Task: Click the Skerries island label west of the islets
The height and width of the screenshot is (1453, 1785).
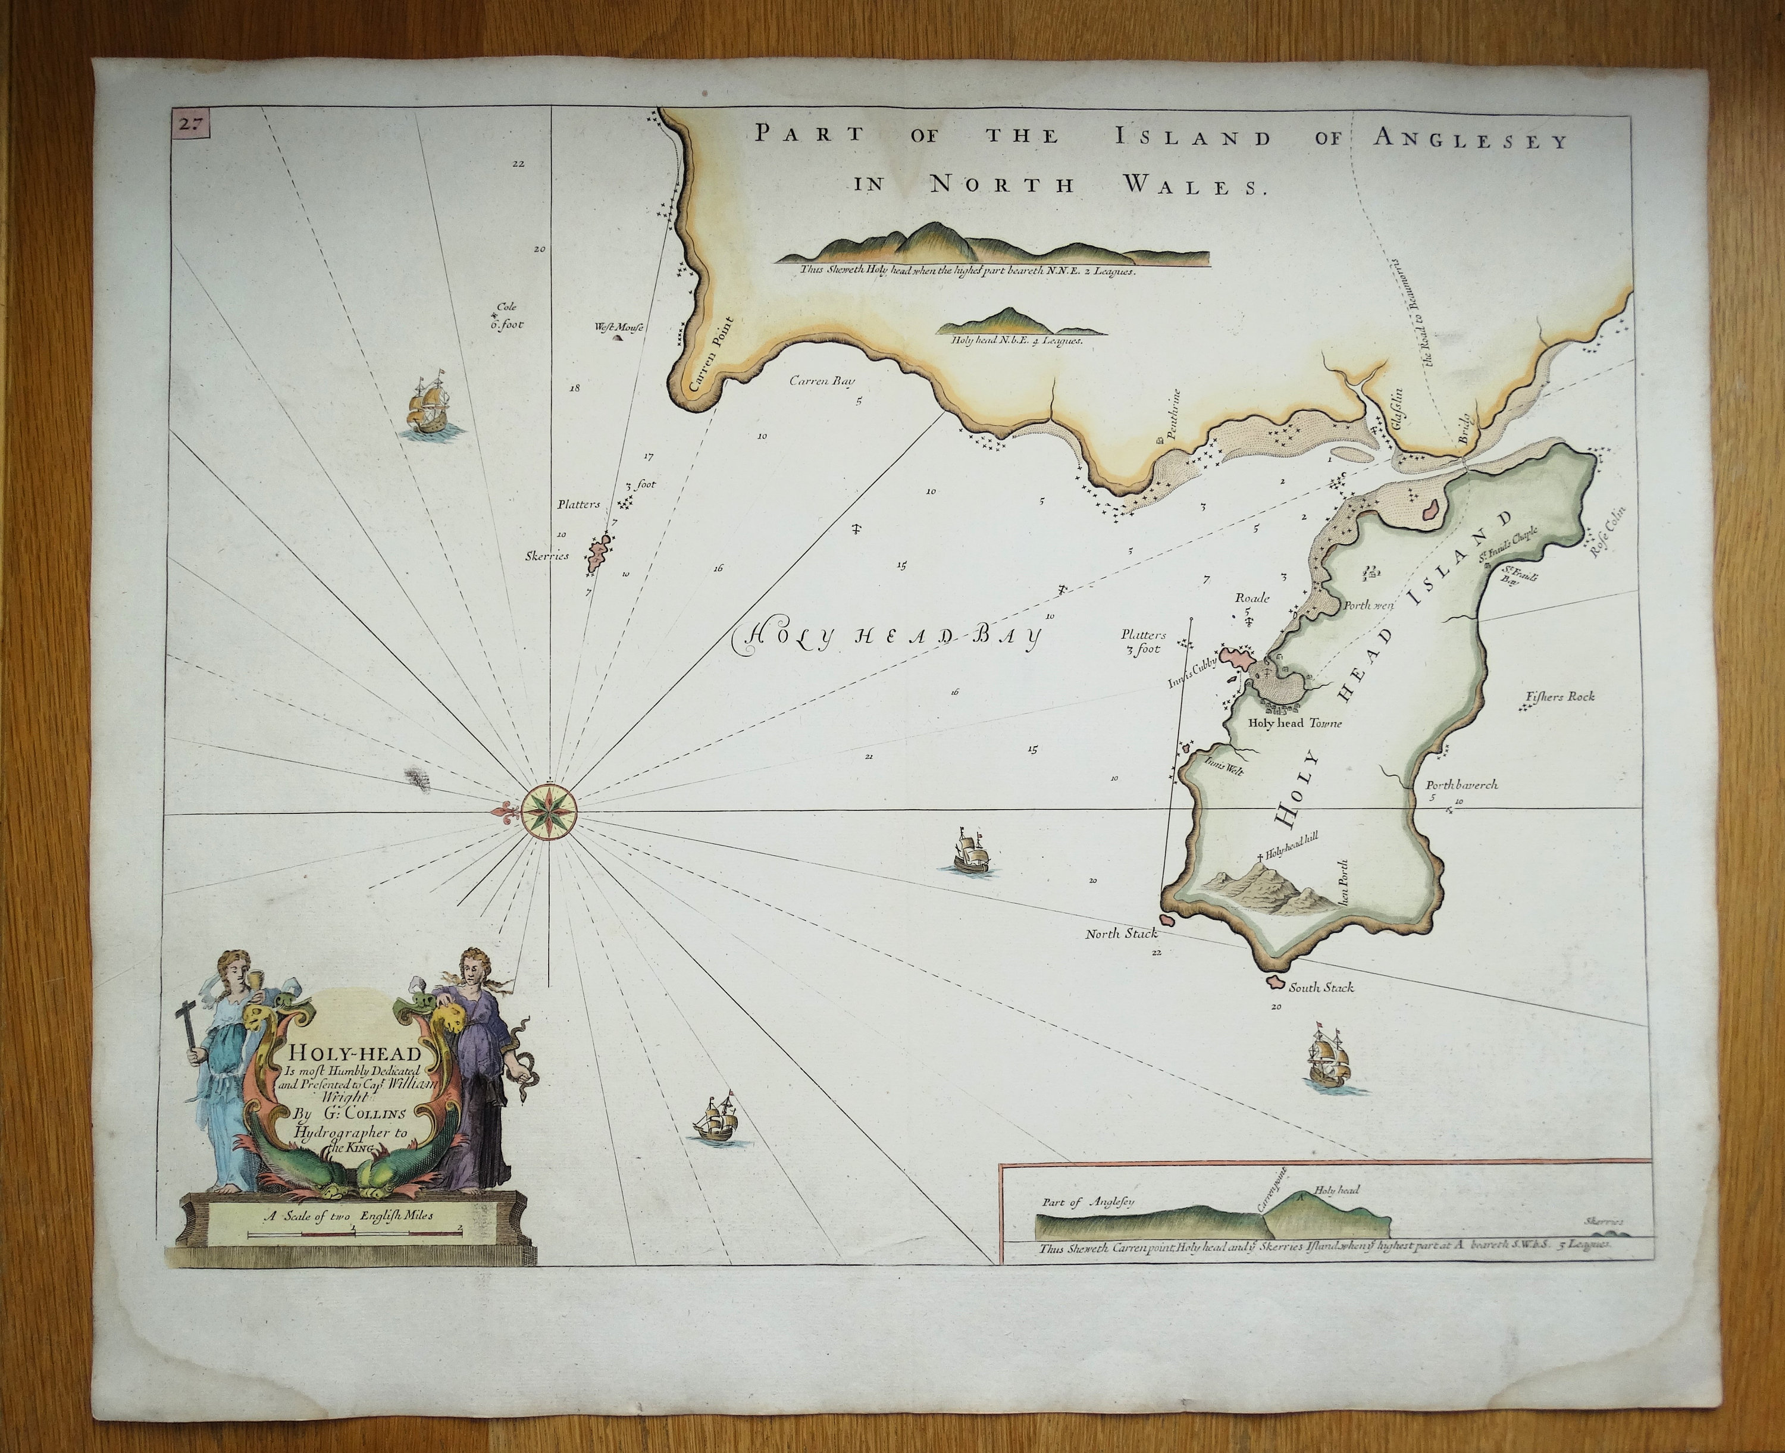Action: (547, 556)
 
